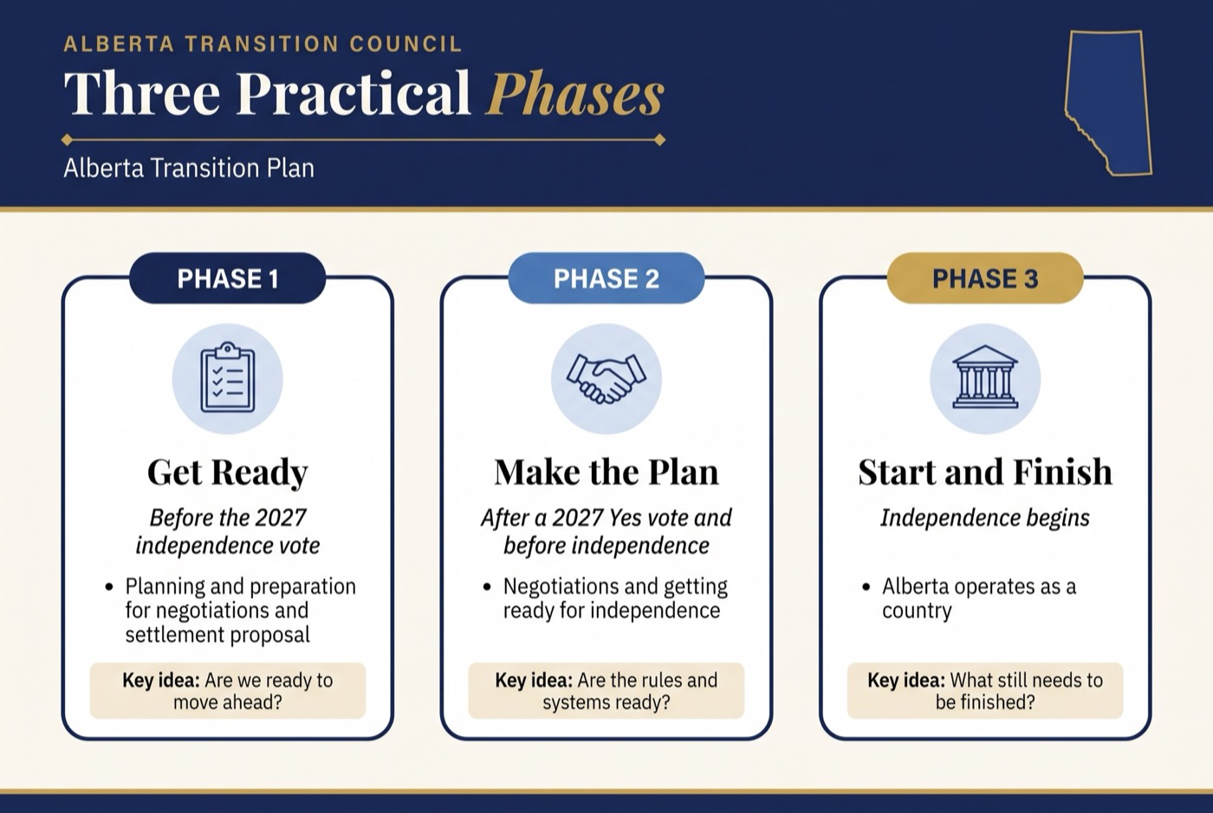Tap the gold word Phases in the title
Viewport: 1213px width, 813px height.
(574, 93)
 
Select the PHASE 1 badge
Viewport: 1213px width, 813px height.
(227, 278)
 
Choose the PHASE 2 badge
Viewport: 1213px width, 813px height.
(606, 278)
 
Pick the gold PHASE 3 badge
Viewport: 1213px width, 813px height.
(985, 278)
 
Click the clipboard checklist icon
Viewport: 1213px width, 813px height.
(227, 377)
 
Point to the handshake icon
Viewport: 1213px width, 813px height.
(606, 378)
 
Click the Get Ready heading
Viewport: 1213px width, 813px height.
(227, 473)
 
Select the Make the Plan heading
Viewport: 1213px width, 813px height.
(606, 472)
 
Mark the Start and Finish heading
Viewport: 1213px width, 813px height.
(985, 472)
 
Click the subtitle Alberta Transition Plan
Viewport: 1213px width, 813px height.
(189, 168)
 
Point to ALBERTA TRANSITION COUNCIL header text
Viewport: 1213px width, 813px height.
(263, 44)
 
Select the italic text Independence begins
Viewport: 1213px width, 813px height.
(985, 518)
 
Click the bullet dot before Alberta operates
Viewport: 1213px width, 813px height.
(866, 587)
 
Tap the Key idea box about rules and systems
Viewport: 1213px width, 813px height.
(606, 691)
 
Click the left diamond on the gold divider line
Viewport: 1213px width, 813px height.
(68, 140)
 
